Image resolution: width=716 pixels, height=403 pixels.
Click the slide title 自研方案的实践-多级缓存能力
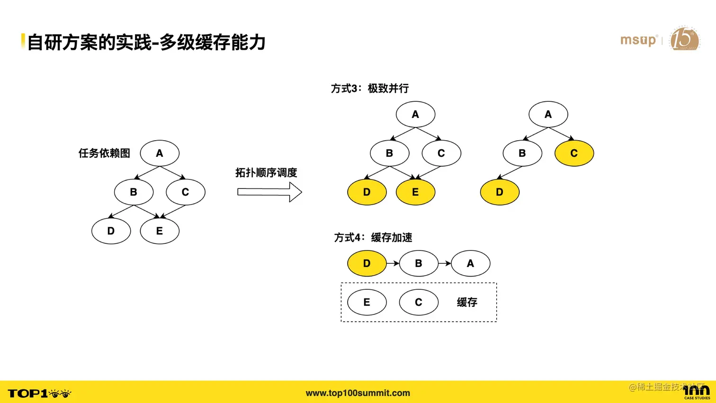point(146,43)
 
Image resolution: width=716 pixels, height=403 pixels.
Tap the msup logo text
point(638,40)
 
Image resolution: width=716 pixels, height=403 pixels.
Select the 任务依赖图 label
point(104,153)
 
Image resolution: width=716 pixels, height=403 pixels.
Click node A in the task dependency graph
point(160,153)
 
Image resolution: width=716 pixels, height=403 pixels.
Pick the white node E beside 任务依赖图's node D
point(160,231)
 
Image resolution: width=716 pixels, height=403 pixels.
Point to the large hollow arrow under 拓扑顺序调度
point(269,192)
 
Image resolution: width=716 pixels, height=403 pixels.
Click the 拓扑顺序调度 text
point(266,172)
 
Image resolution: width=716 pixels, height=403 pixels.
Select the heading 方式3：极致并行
point(370,89)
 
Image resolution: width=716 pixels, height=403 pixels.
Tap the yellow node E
point(415,192)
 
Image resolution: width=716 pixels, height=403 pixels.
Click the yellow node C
point(574,153)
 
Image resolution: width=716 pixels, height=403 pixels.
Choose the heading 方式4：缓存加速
point(373,237)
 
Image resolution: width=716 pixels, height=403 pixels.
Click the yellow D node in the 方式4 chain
point(367,263)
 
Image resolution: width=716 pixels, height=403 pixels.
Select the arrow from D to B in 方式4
point(393,263)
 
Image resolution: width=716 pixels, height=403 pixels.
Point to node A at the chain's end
point(470,263)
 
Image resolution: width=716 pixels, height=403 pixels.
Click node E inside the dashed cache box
point(367,302)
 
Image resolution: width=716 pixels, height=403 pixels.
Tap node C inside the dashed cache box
point(419,302)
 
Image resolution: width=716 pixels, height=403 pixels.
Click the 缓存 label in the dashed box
point(467,302)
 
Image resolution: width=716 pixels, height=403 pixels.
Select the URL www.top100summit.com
point(358,393)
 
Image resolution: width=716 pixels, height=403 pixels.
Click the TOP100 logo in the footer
point(39,393)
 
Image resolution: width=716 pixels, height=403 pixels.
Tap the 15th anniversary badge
point(684,39)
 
